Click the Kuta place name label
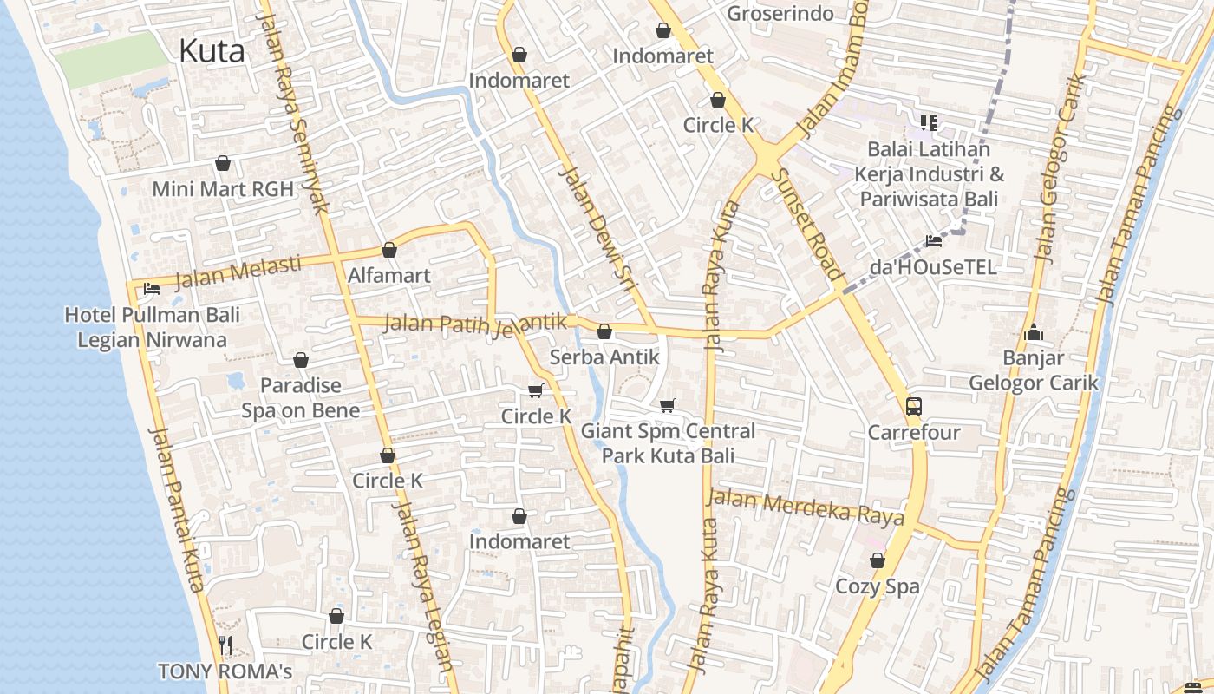[212, 51]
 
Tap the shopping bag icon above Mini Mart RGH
[223, 163]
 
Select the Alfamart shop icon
[389, 250]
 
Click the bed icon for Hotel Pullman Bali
[151, 289]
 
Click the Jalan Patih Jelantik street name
[474, 323]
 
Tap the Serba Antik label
[604, 357]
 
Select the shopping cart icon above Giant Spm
[667, 405]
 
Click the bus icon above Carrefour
[913, 406]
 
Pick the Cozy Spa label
[877, 586]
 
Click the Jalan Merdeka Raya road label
[806, 507]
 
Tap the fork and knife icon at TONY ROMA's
[225, 645]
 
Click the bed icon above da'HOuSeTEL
[933, 241]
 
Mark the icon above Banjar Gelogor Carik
[1032, 332]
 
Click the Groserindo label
[780, 14]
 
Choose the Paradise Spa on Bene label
[300, 397]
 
